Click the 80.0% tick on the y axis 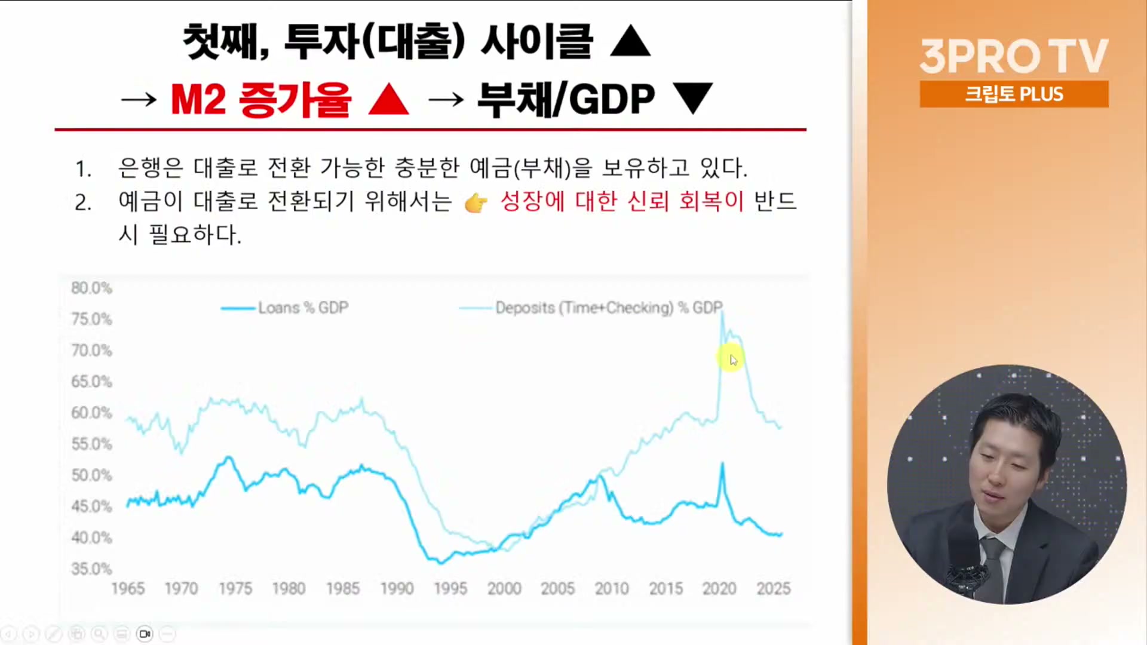pos(91,288)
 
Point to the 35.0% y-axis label pos(91,569)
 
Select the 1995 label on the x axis pos(450,589)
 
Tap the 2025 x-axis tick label pos(773,589)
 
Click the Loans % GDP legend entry pos(285,308)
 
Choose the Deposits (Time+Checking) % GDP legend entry pos(591,308)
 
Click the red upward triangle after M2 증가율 pos(389,99)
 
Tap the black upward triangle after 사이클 pos(630,41)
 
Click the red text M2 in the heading pos(198,99)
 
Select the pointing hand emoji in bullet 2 pos(476,203)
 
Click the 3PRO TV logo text pos(1014,56)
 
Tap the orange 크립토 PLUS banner pos(1014,94)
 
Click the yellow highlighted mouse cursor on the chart pos(731,358)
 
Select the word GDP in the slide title pos(612,99)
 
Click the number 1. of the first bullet pos(83,169)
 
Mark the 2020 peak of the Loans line pos(722,463)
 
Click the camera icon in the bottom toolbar pos(145,634)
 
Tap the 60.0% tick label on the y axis pos(91,413)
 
